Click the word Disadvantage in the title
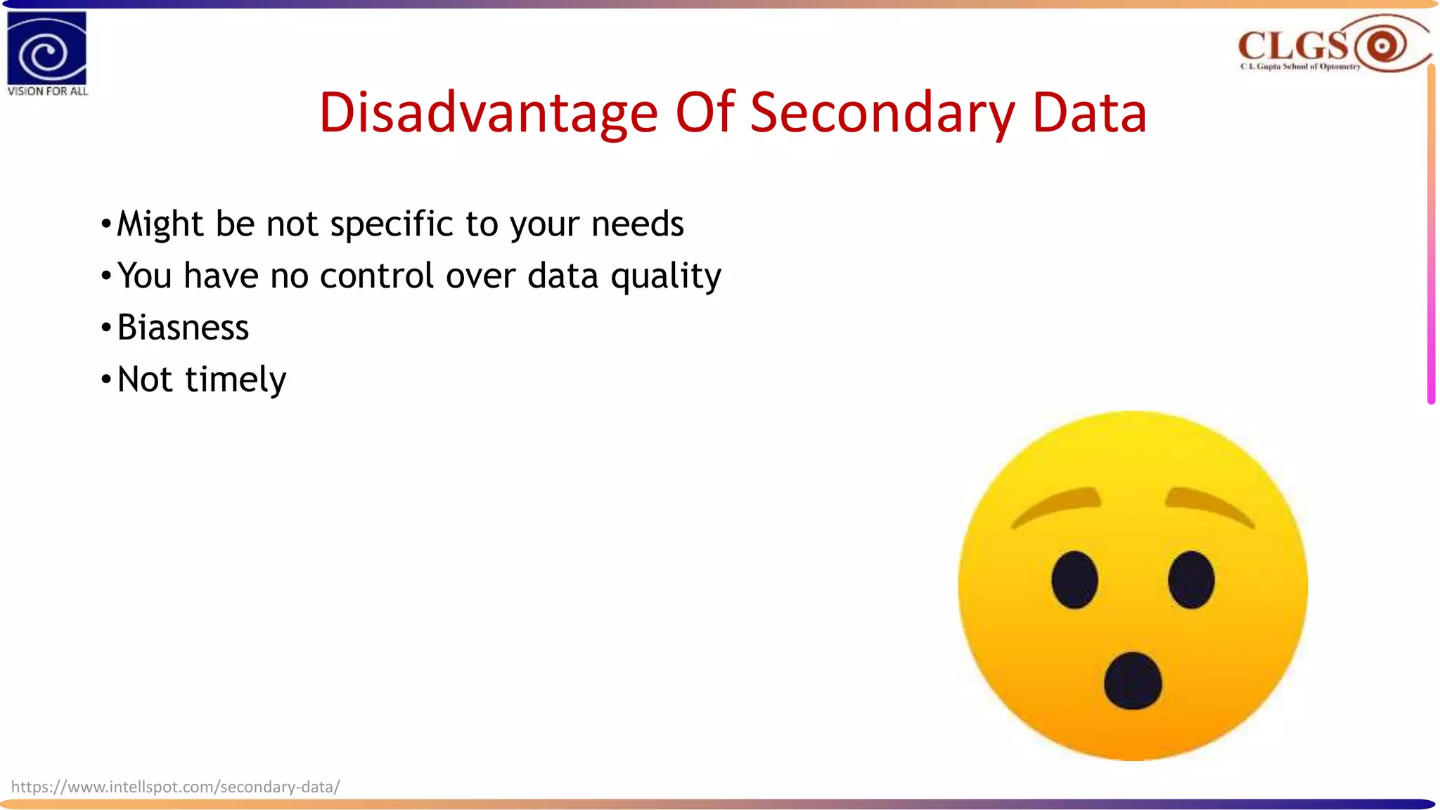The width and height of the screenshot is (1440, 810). coord(488,113)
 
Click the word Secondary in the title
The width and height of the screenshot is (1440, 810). coord(882,113)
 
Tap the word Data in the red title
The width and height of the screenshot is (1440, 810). coord(1089,113)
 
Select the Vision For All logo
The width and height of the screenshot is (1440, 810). coord(47,53)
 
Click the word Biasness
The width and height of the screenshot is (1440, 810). coord(183,328)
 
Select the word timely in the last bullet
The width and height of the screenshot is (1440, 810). coord(236,380)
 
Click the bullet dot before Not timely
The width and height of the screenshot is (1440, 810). coord(106,380)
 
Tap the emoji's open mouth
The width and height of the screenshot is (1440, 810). coord(1132,681)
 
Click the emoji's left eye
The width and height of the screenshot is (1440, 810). coord(1074,580)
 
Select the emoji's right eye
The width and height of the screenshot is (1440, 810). coord(1191,580)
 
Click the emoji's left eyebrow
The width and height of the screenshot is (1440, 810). coord(1057,505)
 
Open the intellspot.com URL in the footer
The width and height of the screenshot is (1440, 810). coord(176,787)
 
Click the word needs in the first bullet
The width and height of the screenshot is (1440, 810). coord(637,224)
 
